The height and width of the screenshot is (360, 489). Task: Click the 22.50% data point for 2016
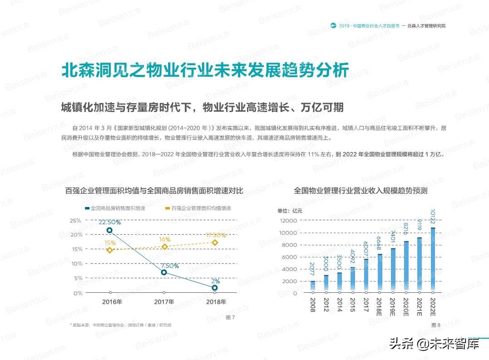(x=109, y=231)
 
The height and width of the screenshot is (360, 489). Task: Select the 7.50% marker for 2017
(x=164, y=272)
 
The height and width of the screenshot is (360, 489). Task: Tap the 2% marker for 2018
(x=215, y=288)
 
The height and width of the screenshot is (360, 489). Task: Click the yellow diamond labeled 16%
(x=164, y=247)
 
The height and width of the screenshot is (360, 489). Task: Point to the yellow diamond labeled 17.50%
(x=215, y=242)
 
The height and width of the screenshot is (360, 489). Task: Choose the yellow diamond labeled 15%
(x=109, y=250)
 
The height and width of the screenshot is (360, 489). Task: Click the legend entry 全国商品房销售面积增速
(x=114, y=208)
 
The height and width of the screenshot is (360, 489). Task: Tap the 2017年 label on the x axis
(x=164, y=302)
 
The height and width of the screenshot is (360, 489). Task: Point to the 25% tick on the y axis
(x=75, y=221)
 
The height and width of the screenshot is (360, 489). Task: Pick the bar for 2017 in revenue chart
(x=366, y=276)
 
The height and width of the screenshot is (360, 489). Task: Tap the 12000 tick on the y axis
(x=288, y=221)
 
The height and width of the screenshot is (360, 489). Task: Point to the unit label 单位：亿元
(x=289, y=211)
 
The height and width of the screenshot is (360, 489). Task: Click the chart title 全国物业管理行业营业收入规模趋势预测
(x=361, y=191)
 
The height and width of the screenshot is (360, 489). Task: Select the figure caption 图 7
(x=230, y=317)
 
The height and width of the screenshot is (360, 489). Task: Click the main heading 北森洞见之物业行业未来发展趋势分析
(x=205, y=71)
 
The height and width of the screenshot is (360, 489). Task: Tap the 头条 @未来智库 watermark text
(x=435, y=344)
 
